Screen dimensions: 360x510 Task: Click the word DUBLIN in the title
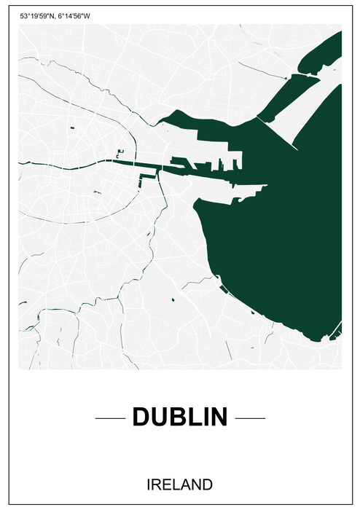180,417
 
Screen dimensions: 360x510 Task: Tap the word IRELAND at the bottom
179,484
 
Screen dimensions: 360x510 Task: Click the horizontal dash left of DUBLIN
111,418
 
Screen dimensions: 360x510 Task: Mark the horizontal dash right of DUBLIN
250,418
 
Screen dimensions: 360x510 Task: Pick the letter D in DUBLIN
141,417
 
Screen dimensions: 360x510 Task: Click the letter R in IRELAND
157,484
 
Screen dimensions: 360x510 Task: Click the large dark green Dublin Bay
277,233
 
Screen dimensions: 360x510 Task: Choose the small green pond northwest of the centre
74,129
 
